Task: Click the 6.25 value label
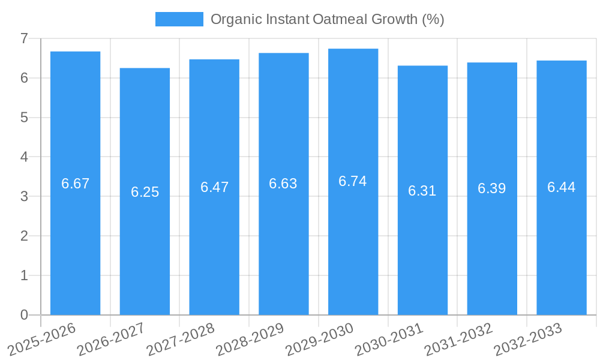point(145,192)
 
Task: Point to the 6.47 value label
point(214,187)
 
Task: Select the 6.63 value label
point(283,184)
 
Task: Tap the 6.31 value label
point(422,191)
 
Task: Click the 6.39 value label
point(492,188)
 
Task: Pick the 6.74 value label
point(353,181)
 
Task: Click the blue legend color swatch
point(179,19)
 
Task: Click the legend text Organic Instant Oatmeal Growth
point(327,19)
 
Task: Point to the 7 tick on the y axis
point(24,38)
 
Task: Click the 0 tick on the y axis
point(24,315)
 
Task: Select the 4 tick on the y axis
point(24,157)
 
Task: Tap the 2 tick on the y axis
point(24,236)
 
